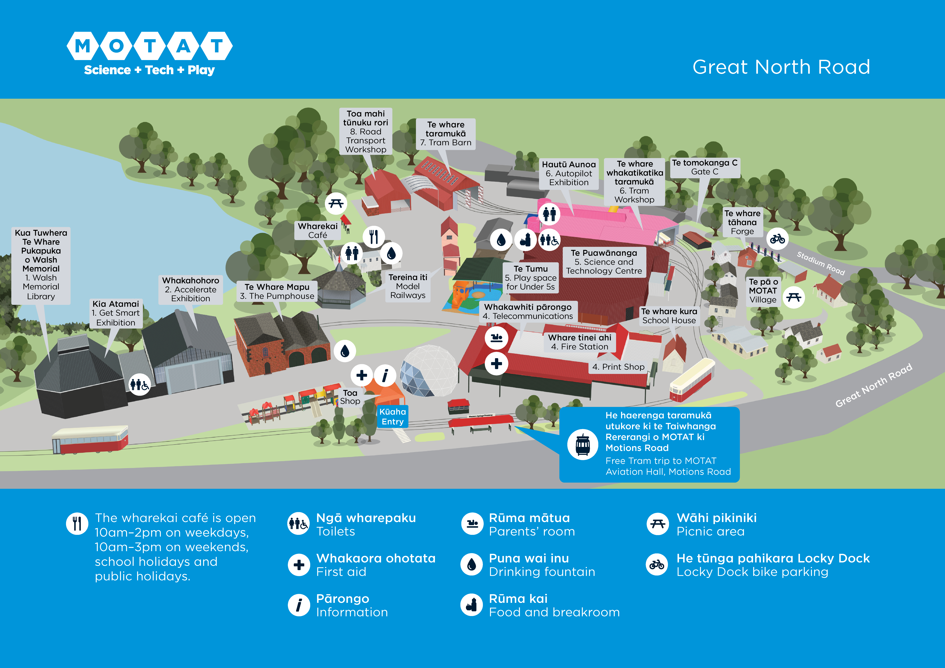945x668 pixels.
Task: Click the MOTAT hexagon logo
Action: (149, 46)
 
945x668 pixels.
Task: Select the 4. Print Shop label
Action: (618, 367)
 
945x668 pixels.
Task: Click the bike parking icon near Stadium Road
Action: (777, 239)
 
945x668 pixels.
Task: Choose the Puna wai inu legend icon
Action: (472, 564)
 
